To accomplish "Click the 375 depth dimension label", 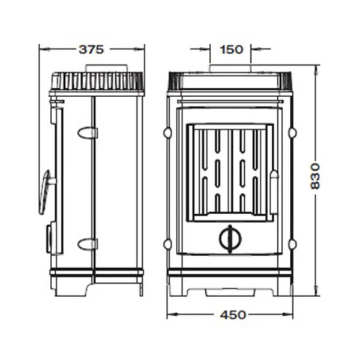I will point(92,49).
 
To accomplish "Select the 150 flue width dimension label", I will point(231,49).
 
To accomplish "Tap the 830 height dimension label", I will point(316,178).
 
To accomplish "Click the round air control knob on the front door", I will point(228,238).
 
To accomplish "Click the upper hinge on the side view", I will point(88,131).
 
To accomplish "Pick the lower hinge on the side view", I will point(88,244).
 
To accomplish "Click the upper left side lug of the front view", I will point(169,131).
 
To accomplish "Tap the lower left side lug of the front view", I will point(169,244).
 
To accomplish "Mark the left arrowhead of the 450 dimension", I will point(170,314).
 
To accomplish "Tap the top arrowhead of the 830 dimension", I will point(316,67).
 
